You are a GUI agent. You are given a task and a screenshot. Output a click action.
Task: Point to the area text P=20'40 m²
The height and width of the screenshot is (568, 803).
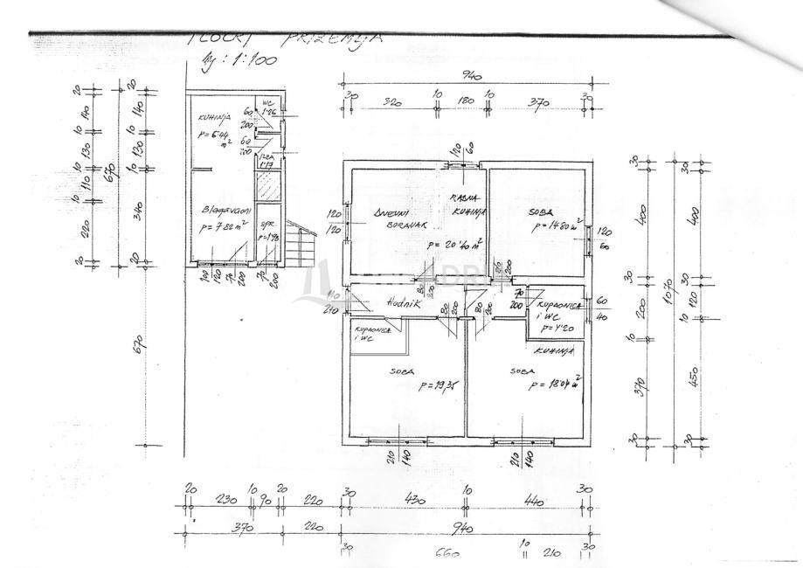click(454, 246)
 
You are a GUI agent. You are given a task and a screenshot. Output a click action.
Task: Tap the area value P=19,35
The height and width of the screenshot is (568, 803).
click(440, 385)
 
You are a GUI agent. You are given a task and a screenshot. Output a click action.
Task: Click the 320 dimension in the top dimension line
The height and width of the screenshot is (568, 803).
click(391, 102)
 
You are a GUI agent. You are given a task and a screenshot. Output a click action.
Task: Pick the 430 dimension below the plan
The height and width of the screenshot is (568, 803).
click(406, 501)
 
